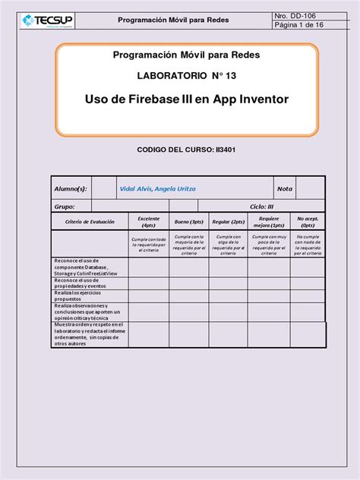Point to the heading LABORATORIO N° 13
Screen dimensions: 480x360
point(186,77)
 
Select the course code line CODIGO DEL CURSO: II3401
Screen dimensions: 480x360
point(186,151)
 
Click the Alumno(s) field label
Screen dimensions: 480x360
point(70,188)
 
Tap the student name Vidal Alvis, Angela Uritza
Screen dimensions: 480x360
point(158,188)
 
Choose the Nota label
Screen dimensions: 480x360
point(285,188)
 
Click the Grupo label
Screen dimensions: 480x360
point(64,206)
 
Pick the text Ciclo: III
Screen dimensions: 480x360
point(262,206)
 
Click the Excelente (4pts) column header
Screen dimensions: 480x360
point(148,221)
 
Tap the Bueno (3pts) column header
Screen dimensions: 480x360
point(188,221)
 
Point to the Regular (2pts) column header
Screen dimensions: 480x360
point(228,221)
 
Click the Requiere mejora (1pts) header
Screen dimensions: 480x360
point(268,221)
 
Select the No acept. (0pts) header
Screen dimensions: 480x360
point(308,221)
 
